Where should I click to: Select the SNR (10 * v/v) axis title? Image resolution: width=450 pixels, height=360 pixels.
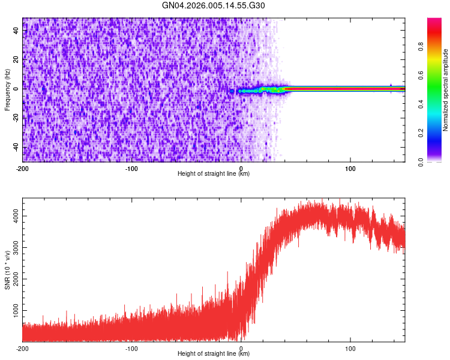[7, 270]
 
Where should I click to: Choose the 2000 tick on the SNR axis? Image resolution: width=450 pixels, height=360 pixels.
[15, 279]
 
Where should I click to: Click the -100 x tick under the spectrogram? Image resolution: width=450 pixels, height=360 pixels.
[132, 168]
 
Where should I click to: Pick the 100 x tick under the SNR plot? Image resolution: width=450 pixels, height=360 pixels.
[350, 348]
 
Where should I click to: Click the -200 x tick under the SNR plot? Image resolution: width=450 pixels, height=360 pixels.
[23, 348]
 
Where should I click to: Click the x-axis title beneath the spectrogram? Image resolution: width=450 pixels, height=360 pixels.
[214, 174]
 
